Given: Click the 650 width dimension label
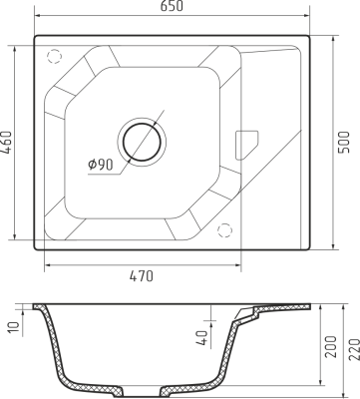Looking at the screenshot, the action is click(172, 6).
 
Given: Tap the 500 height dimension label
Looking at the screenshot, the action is click(344, 143).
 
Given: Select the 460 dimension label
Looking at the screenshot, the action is click(6, 143).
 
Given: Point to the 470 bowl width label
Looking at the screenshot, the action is click(142, 276).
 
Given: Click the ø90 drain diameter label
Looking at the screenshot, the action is click(101, 165).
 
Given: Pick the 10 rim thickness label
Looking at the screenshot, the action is click(14, 329).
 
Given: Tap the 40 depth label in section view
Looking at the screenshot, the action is click(202, 338).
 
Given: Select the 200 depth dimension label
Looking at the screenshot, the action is click(331, 347).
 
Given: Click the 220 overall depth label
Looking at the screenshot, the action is click(354, 349).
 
